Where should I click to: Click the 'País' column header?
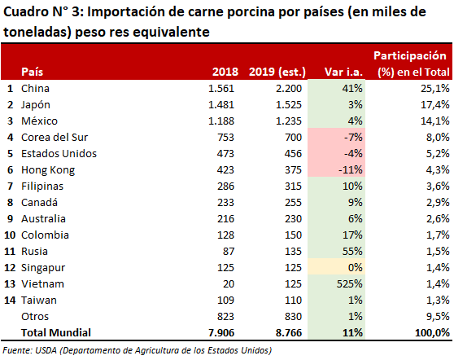[x=33, y=72]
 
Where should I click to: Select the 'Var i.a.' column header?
[x=343, y=72]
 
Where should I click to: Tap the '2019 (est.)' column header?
[x=277, y=72]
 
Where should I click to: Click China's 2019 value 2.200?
[x=289, y=88]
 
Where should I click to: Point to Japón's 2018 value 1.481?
[x=221, y=104]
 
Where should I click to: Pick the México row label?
[x=39, y=121]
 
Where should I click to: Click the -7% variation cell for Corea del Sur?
[x=337, y=137]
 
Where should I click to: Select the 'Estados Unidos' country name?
[x=59, y=153]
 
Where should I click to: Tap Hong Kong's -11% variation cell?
[x=337, y=169]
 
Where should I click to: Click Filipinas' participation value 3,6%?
[x=438, y=186]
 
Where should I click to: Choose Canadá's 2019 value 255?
[x=293, y=202]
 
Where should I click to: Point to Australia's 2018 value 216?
[x=226, y=218]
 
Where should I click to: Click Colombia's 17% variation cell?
[x=337, y=235]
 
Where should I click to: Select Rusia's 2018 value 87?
[x=229, y=251]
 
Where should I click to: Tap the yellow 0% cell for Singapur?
[x=337, y=267]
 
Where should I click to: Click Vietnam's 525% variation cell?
[x=337, y=283]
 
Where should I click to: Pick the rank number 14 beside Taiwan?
[x=10, y=300]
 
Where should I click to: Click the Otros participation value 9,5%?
[x=438, y=316]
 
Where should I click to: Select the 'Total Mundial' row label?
[x=56, y=332]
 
